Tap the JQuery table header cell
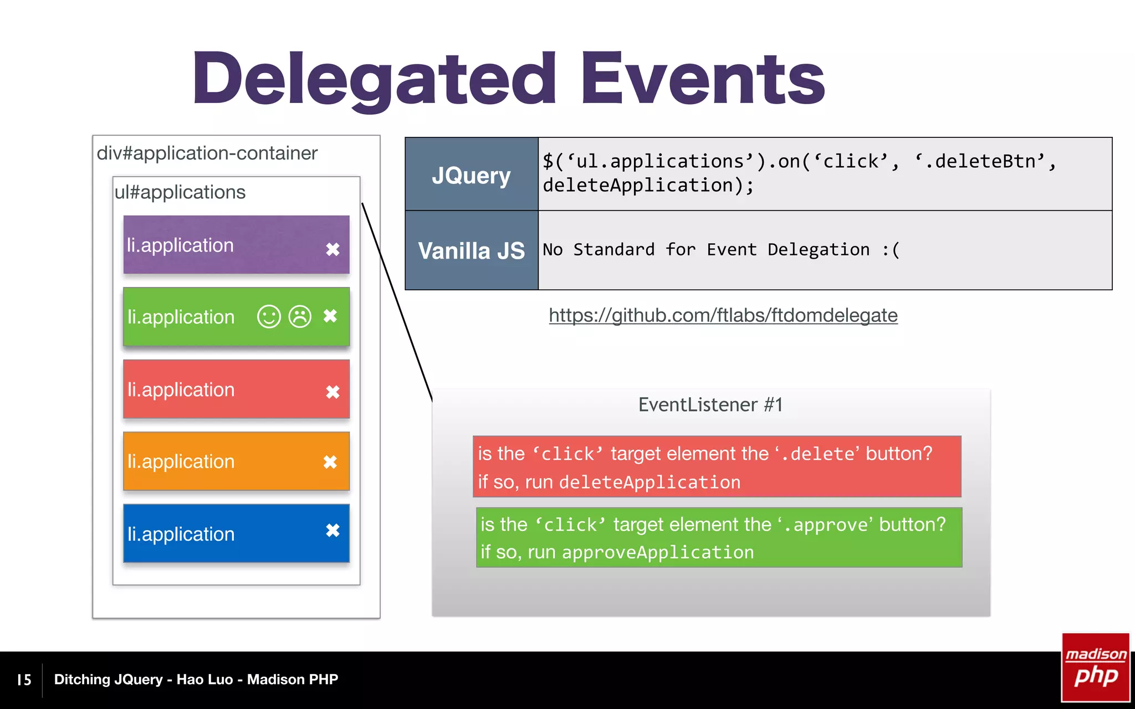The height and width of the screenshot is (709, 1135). coord(471,175)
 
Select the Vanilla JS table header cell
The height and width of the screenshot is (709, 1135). coord(471,250)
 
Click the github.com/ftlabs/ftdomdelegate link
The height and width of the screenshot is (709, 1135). coord(723,315)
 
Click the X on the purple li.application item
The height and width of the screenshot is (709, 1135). coord(333,249)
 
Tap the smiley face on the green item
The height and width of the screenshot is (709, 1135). coord(269,317)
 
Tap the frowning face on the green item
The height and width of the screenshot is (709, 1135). coord(300,317)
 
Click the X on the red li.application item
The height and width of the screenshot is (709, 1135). coord(333,392)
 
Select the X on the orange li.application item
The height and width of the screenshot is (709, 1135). coord(330,462)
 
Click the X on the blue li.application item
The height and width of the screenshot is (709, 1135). coord(333,531)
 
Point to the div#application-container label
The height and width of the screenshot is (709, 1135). coord(207,153)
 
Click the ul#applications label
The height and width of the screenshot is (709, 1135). coord(180,192)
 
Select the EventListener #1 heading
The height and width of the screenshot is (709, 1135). coord(710,405)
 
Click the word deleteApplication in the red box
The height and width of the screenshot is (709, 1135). coord(650,482)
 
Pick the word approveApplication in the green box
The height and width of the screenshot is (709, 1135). coord(657,552)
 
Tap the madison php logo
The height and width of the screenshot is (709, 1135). coord(1096,667)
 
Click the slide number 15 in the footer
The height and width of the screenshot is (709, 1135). coord(24,680)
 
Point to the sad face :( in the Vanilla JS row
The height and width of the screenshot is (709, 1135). coord(891,250)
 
